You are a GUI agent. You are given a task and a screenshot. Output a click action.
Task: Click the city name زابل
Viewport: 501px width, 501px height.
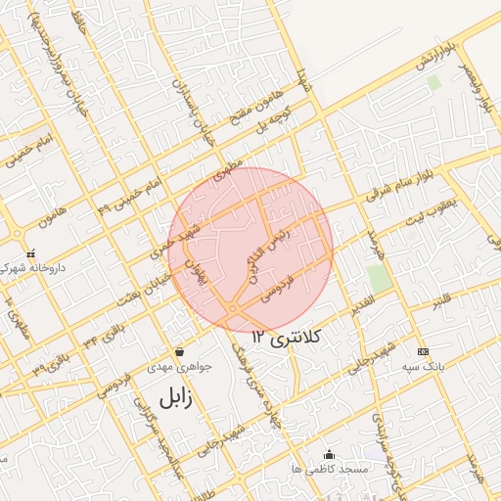click(x=170, y=396)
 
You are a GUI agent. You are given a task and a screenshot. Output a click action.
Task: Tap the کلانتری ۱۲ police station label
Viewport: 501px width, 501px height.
click(x=293, y=336)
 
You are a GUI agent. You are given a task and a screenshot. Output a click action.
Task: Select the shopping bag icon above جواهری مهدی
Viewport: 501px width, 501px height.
click(x=179, y=352)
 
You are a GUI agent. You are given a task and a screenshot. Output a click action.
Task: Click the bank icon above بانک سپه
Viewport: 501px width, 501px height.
click(x=423, y=351)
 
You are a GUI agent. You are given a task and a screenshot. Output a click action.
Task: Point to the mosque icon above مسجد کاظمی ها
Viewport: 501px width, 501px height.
click(x=329, y=454)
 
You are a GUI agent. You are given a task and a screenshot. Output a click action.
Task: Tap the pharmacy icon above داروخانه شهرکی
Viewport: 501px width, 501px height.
click(x=30, y=252)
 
